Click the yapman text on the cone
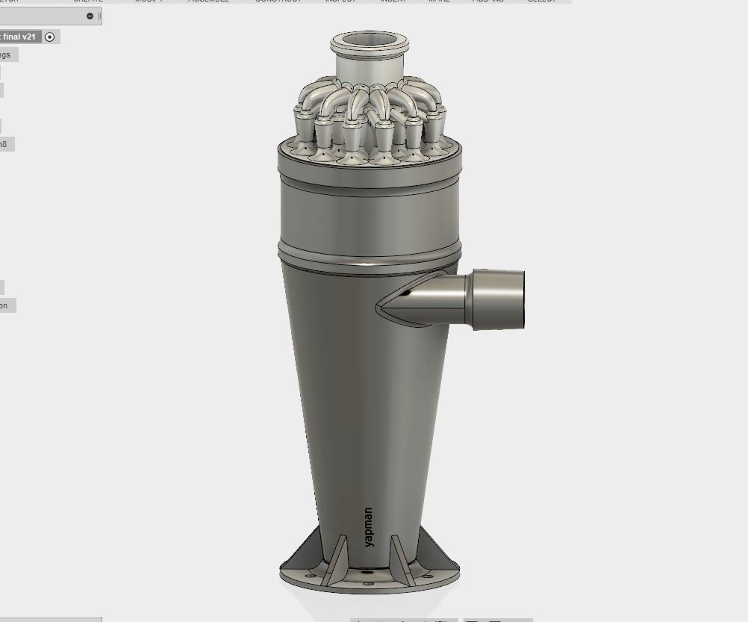[x=369, y=527]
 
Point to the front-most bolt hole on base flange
[x=367, y=583]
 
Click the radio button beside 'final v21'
[x=50, y=37]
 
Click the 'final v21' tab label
[x=19, y=37]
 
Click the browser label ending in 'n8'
[x=4, y=144]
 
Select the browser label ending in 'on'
[x=4, y=305]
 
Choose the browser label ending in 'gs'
[x=6, y=55]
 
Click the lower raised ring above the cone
[x=370, y=252]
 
